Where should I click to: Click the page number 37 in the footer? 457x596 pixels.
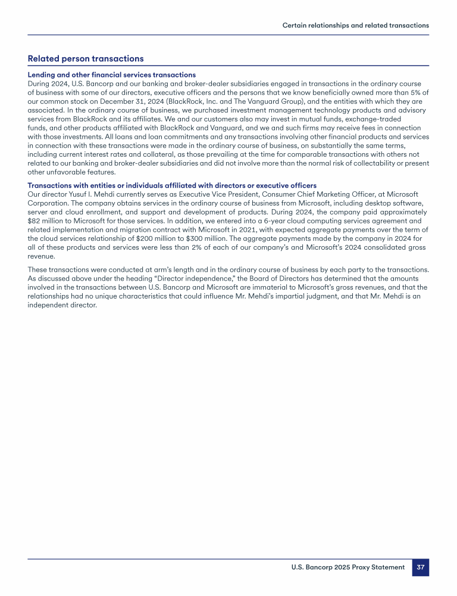[420, 567]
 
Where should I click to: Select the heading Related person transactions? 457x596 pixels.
[86, 58]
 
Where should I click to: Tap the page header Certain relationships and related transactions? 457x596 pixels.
[355, 26]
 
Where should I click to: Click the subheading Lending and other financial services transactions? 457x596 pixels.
[112, 74]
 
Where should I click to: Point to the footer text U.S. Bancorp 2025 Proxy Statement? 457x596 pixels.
[348, 567]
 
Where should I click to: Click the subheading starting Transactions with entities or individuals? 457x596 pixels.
[172, 186]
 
